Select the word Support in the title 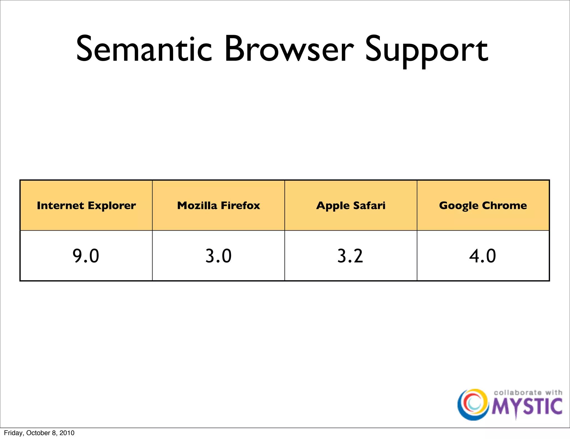click(426, 50)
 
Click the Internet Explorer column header click(86, 206)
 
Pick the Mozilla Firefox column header click(218, 206)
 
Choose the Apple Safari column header click(351, 206)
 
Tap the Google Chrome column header click(483, 206)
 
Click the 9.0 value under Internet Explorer click(86, 256)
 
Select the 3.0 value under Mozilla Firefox click(218, 256)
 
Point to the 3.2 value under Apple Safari click(350, 256)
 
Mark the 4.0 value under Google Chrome click(483, 256)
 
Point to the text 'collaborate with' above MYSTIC click(528, 392)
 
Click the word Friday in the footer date click(13, 433)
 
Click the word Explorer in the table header click(112, 206)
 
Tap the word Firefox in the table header click(240, 206)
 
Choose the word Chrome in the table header click(504, 206)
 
